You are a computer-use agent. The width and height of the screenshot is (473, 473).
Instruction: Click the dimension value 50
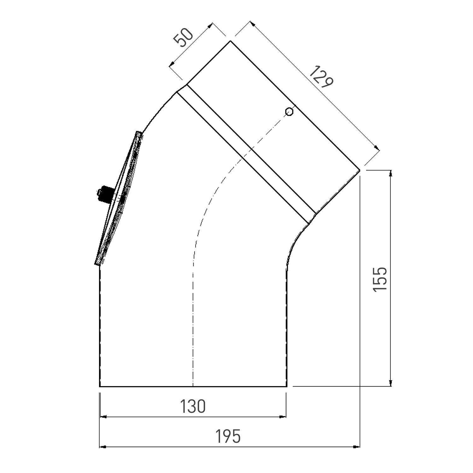[183, 38]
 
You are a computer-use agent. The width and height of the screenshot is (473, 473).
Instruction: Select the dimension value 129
[321, 77]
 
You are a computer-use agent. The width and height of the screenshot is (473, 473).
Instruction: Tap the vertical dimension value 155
[380, 279]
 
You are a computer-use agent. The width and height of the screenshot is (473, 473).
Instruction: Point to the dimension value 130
[193, 406]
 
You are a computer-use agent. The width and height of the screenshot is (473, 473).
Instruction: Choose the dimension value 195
[228, 436]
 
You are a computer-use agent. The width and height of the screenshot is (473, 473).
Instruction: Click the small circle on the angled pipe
[289, 112]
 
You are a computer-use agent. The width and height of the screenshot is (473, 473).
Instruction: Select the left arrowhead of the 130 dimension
[103, 417]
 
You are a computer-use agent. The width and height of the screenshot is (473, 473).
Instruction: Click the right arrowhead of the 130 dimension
[283, 417]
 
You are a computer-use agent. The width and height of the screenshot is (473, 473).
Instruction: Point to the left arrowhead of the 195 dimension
[103, 447]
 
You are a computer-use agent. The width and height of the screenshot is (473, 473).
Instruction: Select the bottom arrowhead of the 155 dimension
[391, 383]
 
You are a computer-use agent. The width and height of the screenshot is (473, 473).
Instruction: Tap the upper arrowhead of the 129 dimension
[252, 24]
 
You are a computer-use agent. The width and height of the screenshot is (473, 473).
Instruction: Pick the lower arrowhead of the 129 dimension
[377, 147]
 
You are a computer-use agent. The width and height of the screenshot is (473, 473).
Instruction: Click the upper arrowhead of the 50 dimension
[210, 25]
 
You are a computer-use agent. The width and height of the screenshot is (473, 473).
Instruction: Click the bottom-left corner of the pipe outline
[100, 386]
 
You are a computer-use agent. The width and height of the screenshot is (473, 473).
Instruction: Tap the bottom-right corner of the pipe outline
[287, 386]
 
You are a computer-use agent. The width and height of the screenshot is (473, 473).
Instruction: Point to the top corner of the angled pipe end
[230, 41]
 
